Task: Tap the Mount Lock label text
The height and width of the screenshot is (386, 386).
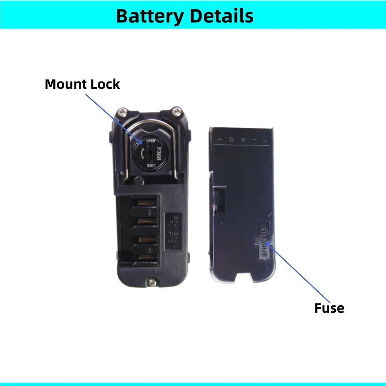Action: click(82, 84)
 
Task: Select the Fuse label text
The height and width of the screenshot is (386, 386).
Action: click(329, 308)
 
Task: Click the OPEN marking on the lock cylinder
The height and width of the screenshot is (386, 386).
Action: click(151, 141)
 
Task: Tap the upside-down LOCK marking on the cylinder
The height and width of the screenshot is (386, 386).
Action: click(151, 166)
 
